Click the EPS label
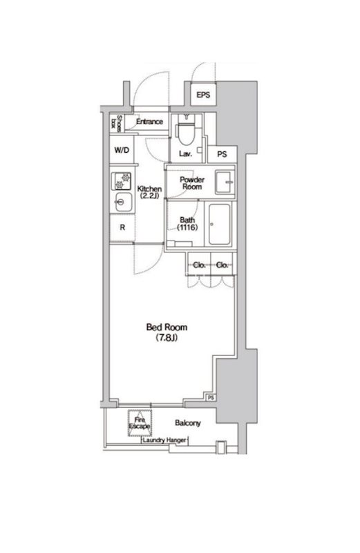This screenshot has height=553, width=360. coord(202,95)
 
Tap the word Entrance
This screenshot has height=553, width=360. coord(149,122)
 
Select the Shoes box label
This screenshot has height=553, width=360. coord(119,122)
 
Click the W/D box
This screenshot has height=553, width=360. coord(121,149)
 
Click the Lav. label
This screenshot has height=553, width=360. coord(185,153)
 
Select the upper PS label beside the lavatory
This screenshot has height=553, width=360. coord(222,155)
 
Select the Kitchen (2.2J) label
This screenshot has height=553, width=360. coord(149,193)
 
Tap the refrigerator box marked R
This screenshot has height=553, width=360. coord(122,227)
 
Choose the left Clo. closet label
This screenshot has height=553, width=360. coord(198,265)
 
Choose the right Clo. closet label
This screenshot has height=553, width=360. coord(222,265)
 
